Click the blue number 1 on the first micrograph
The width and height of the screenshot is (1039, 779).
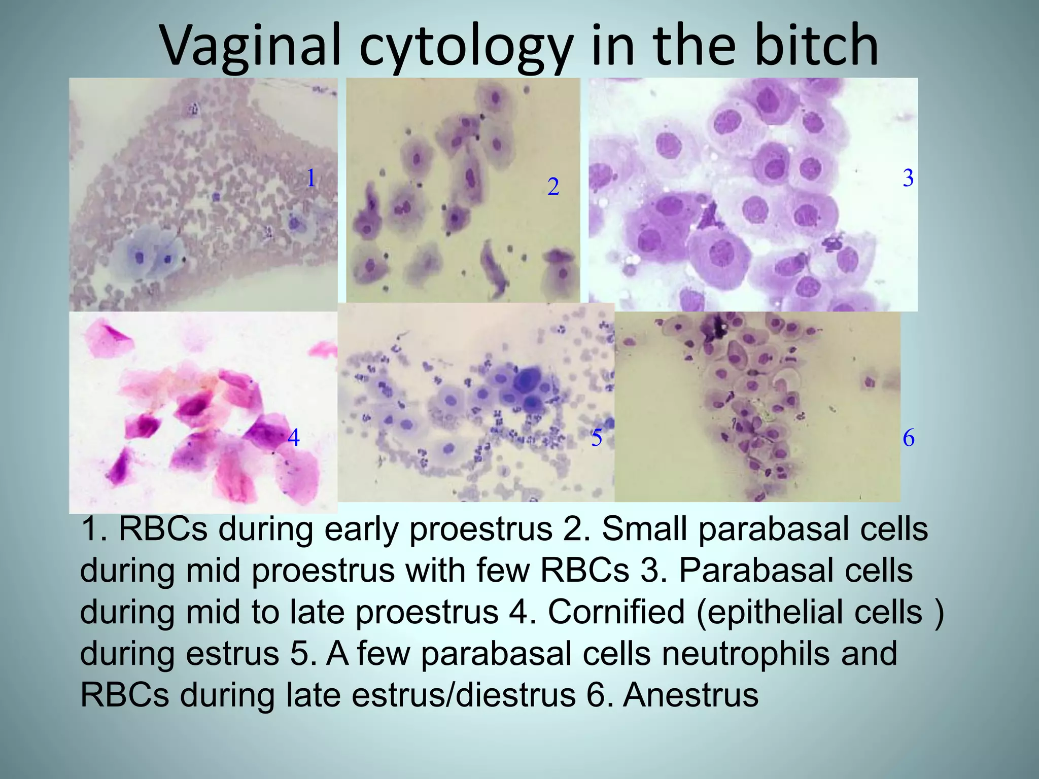click(311, 178)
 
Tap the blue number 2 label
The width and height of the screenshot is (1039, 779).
click(553, 187)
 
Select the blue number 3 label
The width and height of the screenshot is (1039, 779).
click(908, 178)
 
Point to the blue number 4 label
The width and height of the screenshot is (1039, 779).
click(293, 437)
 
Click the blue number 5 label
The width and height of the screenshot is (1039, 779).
click(597, 438)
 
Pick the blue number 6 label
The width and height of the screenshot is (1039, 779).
click(909, 438)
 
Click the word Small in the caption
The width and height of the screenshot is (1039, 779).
click(644, 529)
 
